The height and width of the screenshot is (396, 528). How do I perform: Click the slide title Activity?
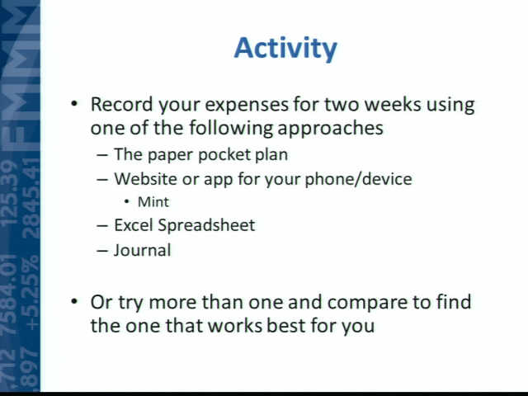click(x=285, y=49)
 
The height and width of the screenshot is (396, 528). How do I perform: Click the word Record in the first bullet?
click(x=122, y=104)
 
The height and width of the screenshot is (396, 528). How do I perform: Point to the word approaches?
click(x=330, y=129)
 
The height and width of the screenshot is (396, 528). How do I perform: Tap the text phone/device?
click(x=358, y=180)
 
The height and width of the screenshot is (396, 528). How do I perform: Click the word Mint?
click(x=153, y=202)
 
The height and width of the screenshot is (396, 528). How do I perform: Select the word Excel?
click(x=134, y=225)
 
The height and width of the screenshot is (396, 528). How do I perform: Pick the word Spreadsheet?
click(x=206, y=226)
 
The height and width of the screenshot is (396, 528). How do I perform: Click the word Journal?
click(x=143, y=250)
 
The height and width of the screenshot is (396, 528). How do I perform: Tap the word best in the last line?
click(x=286, y=326)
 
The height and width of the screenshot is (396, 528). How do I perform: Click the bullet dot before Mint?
click(x=126, y=202)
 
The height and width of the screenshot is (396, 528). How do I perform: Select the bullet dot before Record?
click(x=74, y=103)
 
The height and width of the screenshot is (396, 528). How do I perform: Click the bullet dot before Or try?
click(x=74, y=300)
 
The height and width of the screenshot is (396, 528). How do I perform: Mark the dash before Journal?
click(x=102, y=251)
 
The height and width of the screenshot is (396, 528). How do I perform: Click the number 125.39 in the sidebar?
click(x=9, y=193)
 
